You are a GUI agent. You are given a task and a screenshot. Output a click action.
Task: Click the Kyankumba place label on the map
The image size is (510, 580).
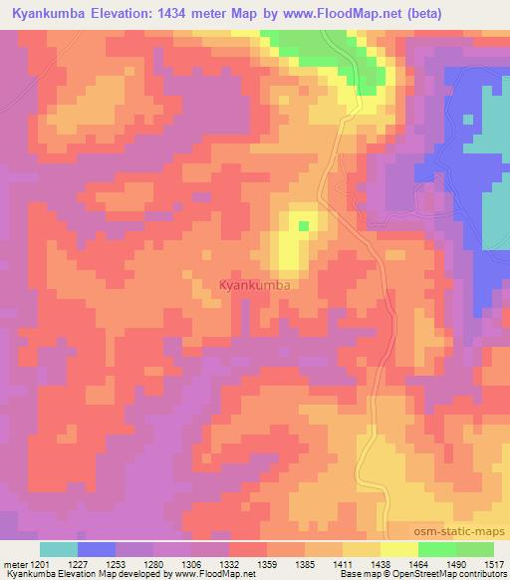(x=254, y=286)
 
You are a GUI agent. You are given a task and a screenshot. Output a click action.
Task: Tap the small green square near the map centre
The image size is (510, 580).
(x=303, y=225)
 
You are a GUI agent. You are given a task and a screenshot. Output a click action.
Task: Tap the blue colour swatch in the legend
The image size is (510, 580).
(x=96, y=549)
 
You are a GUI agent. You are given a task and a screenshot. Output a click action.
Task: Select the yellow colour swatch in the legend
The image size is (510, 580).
(x=399, y=549)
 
